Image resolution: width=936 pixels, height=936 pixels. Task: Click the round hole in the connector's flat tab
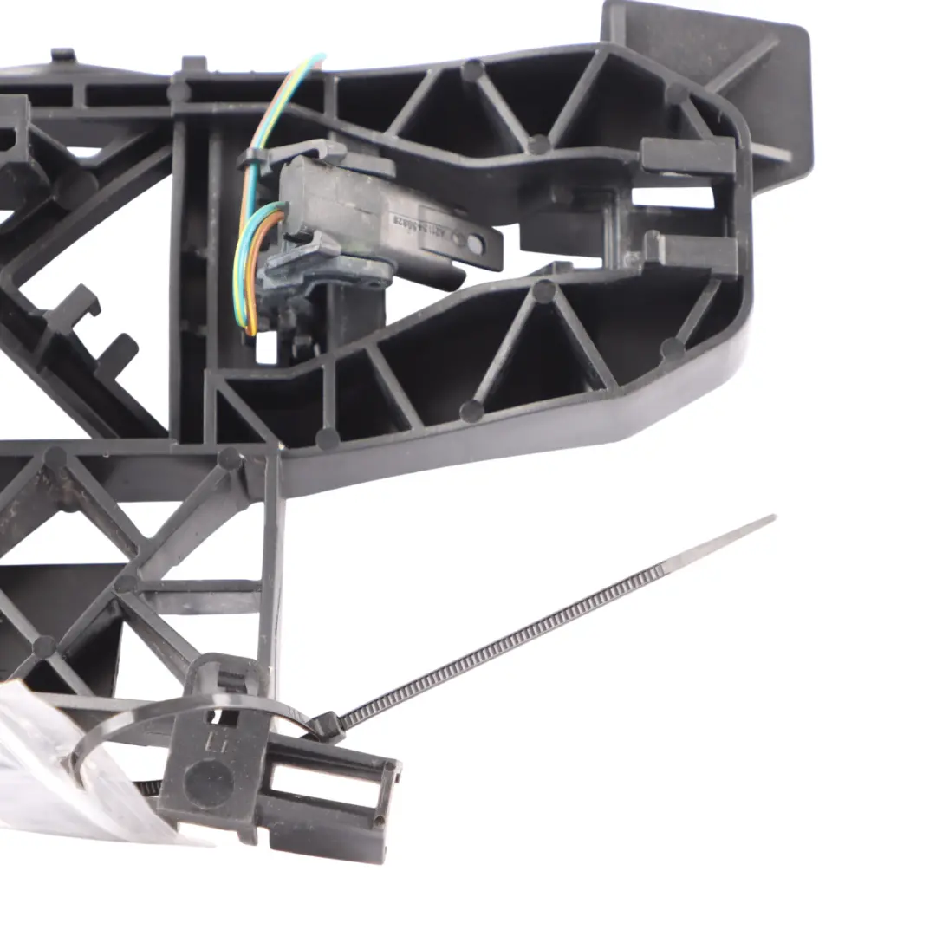(x=475, y=244)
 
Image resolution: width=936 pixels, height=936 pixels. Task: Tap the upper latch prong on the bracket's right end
(x=689, y=156)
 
